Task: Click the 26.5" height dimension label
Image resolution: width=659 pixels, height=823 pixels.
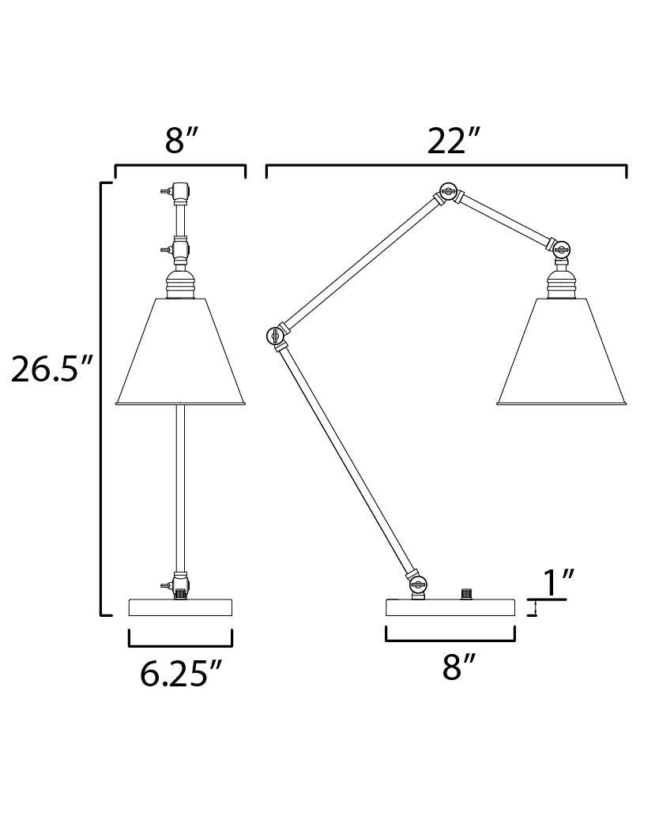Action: tap(51, 369)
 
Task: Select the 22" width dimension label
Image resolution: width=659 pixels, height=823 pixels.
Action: tap(454, 141)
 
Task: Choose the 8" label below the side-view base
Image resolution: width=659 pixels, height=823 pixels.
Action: tap(458, 667)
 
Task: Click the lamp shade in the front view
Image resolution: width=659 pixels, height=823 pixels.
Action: tap(181, 352)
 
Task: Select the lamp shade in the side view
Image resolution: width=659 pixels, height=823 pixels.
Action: tap(562, 352)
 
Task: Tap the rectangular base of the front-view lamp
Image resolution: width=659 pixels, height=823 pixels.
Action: tap(181, 607)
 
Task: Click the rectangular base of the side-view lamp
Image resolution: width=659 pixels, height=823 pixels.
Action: tap(450, 607)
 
